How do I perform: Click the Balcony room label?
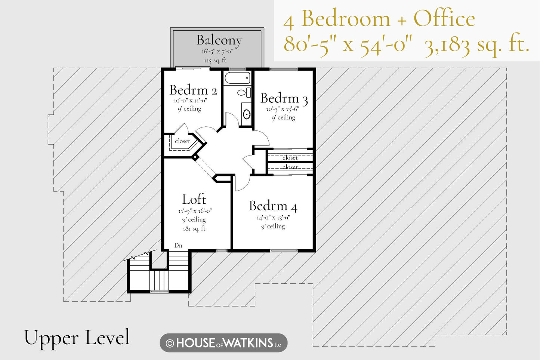tap(219, 40)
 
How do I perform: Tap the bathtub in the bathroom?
tap(237, 78)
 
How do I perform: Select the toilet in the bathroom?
tap(244, 93)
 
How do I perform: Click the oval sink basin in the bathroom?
tap(246, 114)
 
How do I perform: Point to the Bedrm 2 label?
tap(193, 90)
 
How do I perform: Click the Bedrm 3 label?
tap(284, 99)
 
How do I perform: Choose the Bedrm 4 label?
tap(273, 206)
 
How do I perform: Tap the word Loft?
tap(194, 199)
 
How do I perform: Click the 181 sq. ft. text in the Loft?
tap(195, 228)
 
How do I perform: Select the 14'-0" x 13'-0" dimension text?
tap(273, 218)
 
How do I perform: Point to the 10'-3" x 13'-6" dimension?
tap(283, 109)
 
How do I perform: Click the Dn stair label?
tap(178, 246)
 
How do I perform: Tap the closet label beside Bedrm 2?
tap(182, 141)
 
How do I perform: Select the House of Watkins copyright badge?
tap(223, 343)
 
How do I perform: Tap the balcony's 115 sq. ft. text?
tap(216, 60)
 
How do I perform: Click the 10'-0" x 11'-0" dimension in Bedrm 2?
tap(191, 100)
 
